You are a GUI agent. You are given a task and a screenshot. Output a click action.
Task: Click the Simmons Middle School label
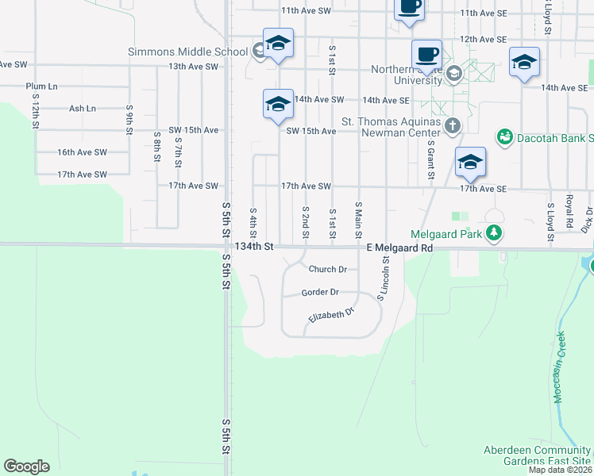click(x=188, y=52)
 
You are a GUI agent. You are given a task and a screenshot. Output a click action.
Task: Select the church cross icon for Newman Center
click(x=453, y=125)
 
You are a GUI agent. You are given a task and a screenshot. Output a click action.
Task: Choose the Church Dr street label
click(x=328, y=270)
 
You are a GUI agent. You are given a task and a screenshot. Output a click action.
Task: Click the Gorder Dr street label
click(x=320, y=293)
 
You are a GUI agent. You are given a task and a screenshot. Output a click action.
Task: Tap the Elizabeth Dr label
click(x=331, y=317)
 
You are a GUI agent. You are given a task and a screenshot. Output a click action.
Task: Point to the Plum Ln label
click(x=41, y=86)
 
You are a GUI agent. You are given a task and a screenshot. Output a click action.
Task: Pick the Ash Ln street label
click(x=83, y=109)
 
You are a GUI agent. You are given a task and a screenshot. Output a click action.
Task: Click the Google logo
click(x=26, y=466)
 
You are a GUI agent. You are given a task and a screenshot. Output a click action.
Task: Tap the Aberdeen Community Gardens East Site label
click(x=538, y=455)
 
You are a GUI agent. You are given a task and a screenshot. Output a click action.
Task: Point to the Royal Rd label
click(x=569, y=209)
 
